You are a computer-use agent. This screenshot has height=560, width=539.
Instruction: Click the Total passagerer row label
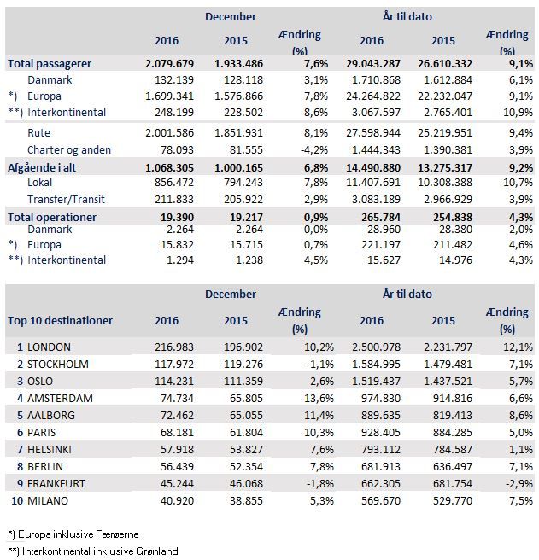tap(50, 64)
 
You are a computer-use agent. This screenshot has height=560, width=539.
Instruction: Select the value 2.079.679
tap(169, 64)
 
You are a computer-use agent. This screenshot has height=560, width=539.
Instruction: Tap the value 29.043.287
tap(373, 64)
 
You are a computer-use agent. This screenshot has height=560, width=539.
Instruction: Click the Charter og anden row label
tap(69, 150)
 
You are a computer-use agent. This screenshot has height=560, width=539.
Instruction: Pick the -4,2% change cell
tap(314, 150)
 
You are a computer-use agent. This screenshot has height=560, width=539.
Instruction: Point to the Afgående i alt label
tap(42, 168)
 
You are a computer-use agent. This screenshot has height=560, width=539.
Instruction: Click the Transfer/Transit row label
tap(66, 199)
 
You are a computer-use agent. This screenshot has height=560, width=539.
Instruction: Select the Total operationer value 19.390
tap(177, 217)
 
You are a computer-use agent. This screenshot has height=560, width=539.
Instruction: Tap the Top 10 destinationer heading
tap(60, 321)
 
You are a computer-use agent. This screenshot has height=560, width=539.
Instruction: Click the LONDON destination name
tap(49, 347)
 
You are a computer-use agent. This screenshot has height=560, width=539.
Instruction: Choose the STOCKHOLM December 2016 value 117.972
tap(174, 365)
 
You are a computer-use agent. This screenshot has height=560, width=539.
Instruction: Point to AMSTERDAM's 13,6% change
tap(319, 398)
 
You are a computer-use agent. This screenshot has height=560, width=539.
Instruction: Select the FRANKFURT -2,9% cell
tap(519, 483)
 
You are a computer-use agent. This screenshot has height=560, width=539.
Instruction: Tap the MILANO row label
tap(48, 501)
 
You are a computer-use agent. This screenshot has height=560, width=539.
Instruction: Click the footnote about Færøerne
tap(73, 534)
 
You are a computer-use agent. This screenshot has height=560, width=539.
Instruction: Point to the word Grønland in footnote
tap(157, 551)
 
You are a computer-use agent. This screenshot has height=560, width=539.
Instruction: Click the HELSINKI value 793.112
tap(381, 450)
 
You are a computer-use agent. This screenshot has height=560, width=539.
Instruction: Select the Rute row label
tap(38, 133)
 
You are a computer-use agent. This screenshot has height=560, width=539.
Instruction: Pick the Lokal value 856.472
tap(174, 183)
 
